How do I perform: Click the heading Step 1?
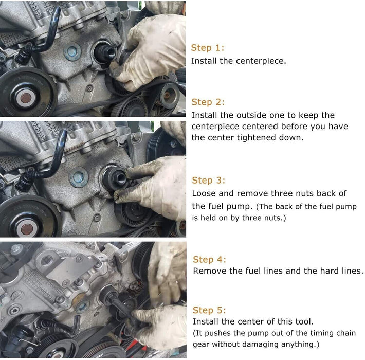[207, 48]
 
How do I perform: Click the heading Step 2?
[208, 102]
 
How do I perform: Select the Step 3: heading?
[208, 180]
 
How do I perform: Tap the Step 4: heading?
[209, 259]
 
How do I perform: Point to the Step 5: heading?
[209, 310]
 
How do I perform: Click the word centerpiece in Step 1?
[261, 61]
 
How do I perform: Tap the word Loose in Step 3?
[204, 193]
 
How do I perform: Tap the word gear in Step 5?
[201, 345]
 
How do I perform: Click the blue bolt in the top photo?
[72, 52]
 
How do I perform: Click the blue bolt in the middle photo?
[79, 177]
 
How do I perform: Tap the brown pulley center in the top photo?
[26, 98]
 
